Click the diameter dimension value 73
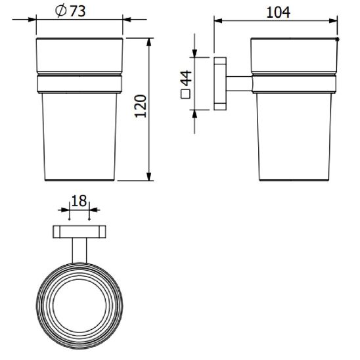click(x=78, y=11)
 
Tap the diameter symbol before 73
click(x=61, y=11)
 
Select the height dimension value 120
click(x=141, y=106)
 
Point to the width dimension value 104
click(x=278, y=12)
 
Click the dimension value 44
click(x=186, y=78)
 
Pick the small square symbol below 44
click(x=185, y=94)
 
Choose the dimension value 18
click(x=79, y=200)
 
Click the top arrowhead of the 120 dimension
click(x=149, y=43)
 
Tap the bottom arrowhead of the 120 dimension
click(x=149, y=175)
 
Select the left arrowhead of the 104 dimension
click(x=218, y=21)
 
